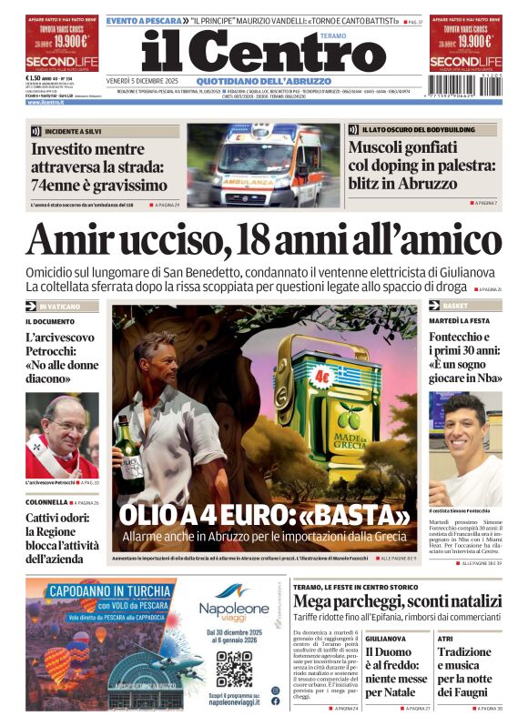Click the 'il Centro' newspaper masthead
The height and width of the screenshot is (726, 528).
coord(264,54)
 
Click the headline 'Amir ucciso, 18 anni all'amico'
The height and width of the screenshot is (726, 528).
coord(264,240)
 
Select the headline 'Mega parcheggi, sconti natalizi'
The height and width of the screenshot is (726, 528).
coord(397,600)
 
